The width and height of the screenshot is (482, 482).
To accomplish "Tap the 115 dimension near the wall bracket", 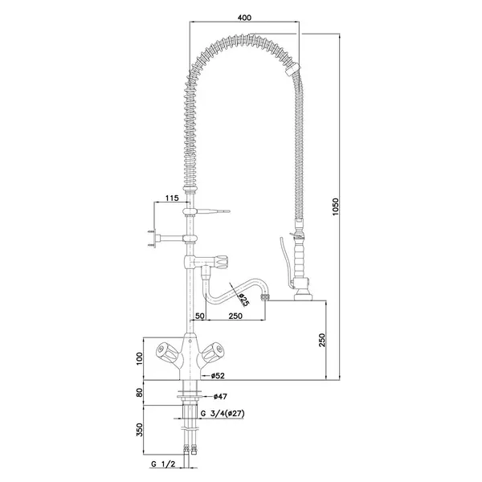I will pyautogui.click(x=171, y=198).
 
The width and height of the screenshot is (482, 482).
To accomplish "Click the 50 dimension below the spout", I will pyautogui.click(x=198, y=317).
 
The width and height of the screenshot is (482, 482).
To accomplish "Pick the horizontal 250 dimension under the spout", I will pyautogui.click(x=235, y=317).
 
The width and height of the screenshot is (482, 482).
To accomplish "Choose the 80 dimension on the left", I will pyautogui.click(x=139, y=394).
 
